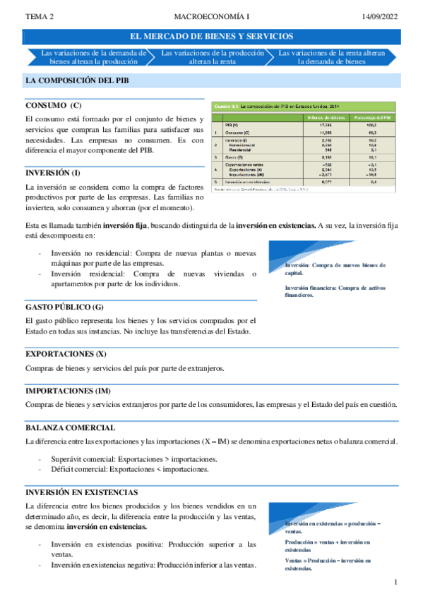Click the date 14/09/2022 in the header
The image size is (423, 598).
381,16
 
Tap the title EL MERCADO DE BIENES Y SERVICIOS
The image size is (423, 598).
213,36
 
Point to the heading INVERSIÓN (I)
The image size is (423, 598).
53,172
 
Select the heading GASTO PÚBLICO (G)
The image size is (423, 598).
64,307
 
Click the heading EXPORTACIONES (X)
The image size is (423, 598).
66,353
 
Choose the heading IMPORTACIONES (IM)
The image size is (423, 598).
68,390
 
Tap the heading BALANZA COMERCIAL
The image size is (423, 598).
71,427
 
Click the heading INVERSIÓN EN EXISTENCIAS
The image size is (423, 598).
81,492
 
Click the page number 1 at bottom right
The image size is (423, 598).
397,582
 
